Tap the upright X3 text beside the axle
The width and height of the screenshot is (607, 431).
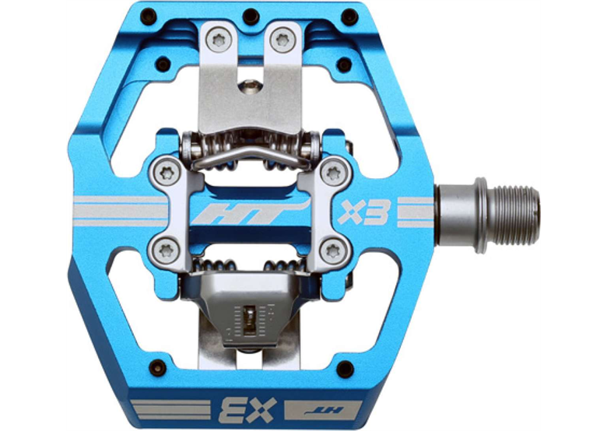click(x=364, y=212)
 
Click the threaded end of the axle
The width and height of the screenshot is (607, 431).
click(x=513, y=211)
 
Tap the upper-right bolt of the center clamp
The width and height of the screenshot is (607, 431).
click(x=333, y=170)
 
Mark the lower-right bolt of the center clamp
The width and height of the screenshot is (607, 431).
click(x=333, y=251)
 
